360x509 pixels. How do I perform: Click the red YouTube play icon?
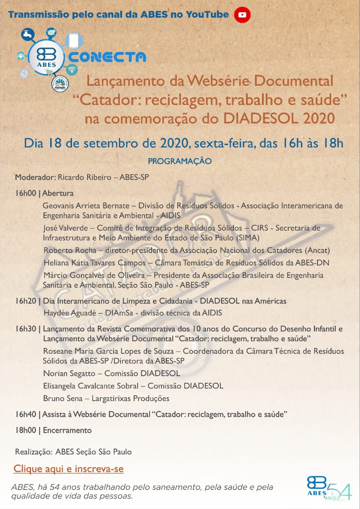pos(242,15)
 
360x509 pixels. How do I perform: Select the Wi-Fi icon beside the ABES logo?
pos(72,70)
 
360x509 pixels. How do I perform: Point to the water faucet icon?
pos(27,35)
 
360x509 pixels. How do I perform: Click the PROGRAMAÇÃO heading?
pos(180,161)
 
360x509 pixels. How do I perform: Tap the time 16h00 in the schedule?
pos(26,194)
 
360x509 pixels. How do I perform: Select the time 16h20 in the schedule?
pos(26,301)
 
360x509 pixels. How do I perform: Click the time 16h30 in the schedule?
pos(26,329)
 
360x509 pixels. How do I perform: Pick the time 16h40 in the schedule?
pos(26,414)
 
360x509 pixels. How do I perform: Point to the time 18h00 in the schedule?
pos(26,430)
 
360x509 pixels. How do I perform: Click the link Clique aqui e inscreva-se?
pos(68,469)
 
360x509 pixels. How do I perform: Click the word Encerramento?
pos(67,430)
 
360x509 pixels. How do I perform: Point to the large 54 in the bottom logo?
pos(339,488)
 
